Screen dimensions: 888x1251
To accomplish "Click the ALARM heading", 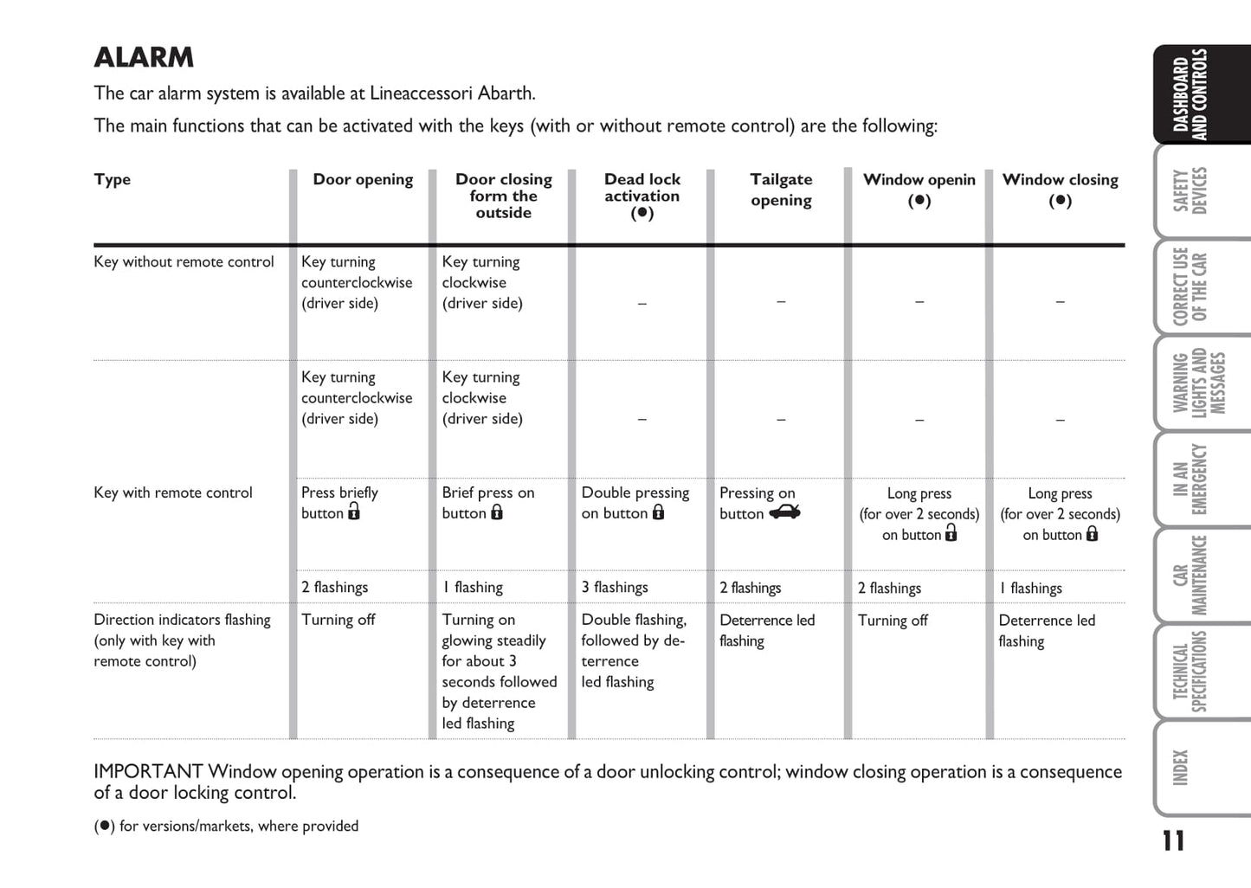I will tap(144, 57).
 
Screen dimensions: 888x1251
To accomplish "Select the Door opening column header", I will tap(363, 179).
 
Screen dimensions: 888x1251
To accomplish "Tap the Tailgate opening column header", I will tap(781, 190).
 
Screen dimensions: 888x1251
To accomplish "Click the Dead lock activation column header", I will tap(642, 196).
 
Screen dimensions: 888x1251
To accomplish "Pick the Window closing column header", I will tap(1060, 189).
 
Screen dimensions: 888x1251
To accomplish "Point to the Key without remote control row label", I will tap(184, 261).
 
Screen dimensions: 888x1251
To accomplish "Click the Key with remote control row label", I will tap(173, 492).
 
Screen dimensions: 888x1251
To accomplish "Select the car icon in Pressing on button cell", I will tap(784, 512).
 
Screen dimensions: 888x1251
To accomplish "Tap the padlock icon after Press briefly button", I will tap(354, 512).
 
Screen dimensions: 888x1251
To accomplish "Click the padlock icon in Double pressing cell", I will tap(659, 512).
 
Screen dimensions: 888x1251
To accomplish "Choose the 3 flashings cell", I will tap(615, 587).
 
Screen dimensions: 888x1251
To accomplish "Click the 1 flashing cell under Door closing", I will tap(473, 587).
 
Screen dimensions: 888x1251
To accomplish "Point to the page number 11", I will tap(1173, 840).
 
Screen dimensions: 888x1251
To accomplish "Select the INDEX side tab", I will tap(1181, 768).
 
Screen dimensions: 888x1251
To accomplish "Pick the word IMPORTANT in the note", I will tap(147, 771).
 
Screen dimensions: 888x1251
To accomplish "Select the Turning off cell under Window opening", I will tap(893, 621).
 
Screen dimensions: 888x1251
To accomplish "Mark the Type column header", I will tap(113, 179).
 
